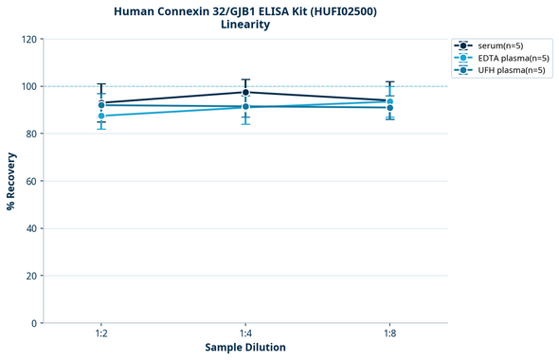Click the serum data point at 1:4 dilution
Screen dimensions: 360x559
coord(245,92)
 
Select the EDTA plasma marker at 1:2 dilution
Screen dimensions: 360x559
coord(101,116)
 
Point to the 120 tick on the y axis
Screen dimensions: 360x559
coord(29,40)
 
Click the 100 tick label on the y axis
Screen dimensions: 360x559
coord(29,87)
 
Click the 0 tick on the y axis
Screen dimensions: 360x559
coord(35,323)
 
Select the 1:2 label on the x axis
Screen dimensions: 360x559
coord(101,334)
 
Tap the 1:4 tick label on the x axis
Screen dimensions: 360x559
coord(245,334)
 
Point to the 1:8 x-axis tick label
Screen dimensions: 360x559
coord(389,334)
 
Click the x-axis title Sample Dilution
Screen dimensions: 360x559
coord(245,348)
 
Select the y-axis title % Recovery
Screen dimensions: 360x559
coord(11,181)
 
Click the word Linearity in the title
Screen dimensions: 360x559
coord(245,25)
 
